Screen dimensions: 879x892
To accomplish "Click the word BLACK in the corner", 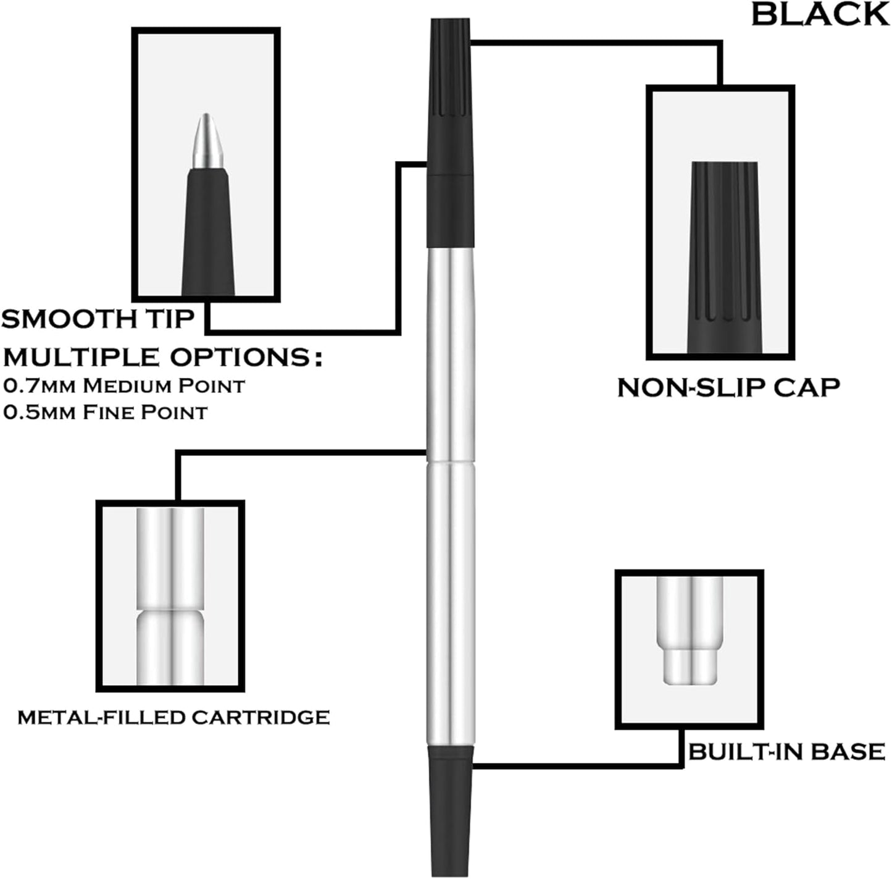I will tap(820, 14).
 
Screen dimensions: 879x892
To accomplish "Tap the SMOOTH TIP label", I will tap(98, 319).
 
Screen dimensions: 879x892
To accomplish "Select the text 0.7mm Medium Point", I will tap(124, 385).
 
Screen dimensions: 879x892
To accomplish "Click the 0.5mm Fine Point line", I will tap(105, 412).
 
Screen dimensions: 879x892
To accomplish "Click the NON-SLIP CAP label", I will tap(728, 387).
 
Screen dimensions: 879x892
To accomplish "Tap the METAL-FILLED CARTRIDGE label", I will tap(173, 717).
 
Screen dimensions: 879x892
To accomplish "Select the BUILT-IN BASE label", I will tap(786, 752).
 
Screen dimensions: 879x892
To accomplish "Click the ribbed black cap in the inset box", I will tap(723, 247).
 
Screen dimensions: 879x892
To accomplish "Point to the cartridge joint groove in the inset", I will tap(170, 608).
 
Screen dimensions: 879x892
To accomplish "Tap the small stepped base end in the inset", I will tap(690, 667).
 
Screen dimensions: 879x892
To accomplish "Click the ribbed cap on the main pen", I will tap(449, 68).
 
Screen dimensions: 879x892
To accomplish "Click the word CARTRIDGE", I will tap(260, 717).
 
